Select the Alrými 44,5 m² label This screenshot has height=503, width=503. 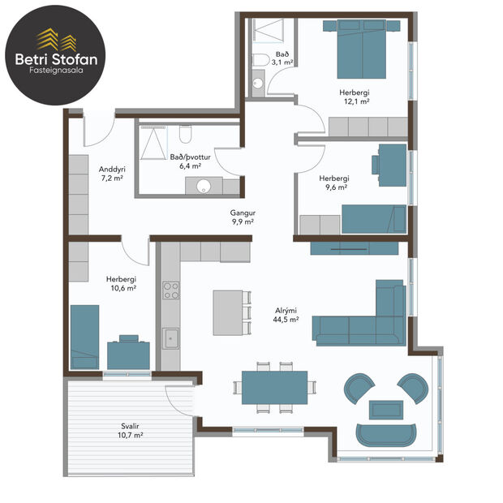[x=286, y=315]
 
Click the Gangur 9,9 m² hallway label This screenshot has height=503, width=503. [x=241, y=216]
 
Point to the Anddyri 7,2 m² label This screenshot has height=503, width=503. [x=110, y=173]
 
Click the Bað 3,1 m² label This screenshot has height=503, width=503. [x=282, y=57]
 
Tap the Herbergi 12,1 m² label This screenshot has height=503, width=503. [x=355, y=97]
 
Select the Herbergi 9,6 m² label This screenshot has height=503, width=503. [x=333, y=183]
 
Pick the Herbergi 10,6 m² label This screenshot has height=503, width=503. [x=121, y=282]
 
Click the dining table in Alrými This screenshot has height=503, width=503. [x=274, y=386]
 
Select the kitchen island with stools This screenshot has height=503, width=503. [x=229, y=312]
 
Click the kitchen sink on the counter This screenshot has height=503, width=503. [x=170, y=339]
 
